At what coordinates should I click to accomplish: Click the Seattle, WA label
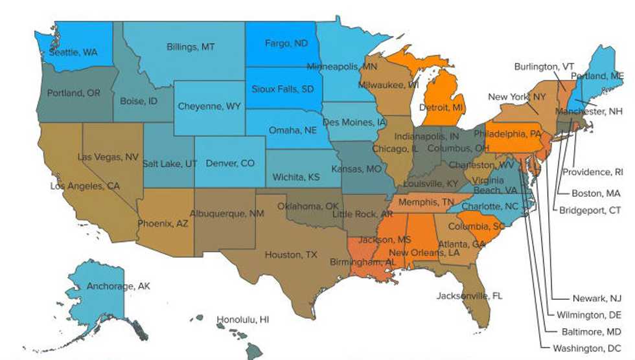tap(73, 52)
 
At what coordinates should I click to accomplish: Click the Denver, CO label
tap(230, 164)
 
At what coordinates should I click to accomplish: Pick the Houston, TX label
tap(291, 255)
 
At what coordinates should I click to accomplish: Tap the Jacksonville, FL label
tap(469, 296)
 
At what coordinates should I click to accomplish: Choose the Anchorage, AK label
tap(119, 286)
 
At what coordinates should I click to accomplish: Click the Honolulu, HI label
tap(242, 320)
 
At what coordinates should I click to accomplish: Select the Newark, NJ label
tap(597, 298)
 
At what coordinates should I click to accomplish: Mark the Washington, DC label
tap(587, 348)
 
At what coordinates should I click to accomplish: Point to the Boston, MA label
tap(595, 193)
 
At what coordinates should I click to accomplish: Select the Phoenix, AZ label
tap(163, 223)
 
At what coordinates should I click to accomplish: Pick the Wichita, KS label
tap(296, 177)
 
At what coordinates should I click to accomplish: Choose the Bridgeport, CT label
tap(590, 210)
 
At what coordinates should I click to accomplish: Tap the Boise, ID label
tap(139, 101)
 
